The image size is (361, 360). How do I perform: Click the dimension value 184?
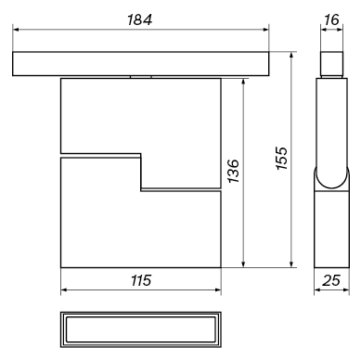coord(139,20)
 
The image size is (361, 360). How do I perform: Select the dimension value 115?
coord(141,280)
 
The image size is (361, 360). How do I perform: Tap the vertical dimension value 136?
coord(234,171)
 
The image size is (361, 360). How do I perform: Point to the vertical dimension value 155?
coord(282,158)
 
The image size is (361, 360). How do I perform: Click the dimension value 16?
coord(331,20)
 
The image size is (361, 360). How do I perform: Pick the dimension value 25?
coord(331,280)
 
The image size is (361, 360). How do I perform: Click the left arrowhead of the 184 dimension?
coord(16,30)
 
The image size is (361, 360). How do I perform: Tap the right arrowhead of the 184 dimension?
coord(265,30)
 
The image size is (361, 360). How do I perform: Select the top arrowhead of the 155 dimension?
coord(291,56)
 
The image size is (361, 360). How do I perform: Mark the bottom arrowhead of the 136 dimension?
coord(243,264)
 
